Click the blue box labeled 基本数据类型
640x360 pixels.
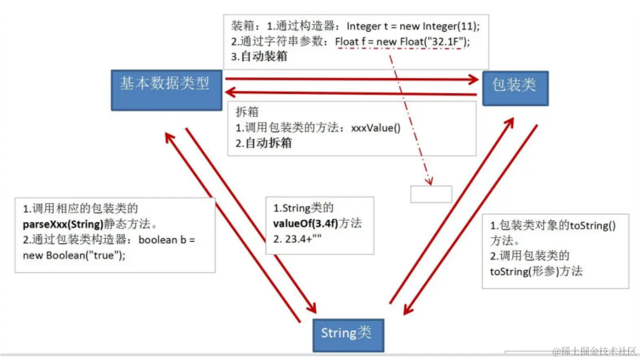(x=166, y=88)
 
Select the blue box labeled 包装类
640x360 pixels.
(x=515, y=88)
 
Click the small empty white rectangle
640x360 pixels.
(x=431, y=194)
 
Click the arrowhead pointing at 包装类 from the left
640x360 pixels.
(x=471, y=80)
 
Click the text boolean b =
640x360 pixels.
(x=166, y=240)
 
